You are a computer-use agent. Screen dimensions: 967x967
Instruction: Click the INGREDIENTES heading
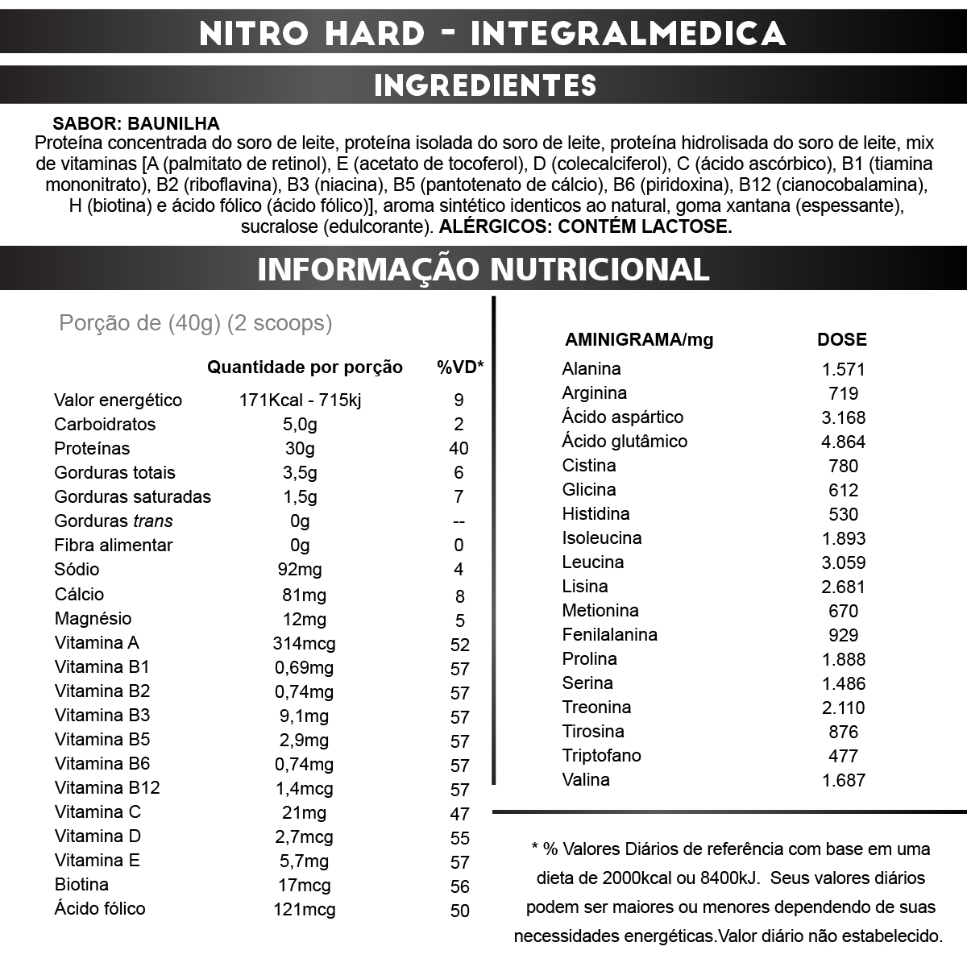[x=485, y=85]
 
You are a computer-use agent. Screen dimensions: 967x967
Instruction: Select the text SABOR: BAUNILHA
[x=136, y=124]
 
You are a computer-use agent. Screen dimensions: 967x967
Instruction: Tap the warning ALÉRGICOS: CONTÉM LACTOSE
[x=585, y=226]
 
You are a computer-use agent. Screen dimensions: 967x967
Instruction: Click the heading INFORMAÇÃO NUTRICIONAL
[x=483, y=269]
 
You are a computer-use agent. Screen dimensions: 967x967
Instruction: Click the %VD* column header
[x=460, y=367]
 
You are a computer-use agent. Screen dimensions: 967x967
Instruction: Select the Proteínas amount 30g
[x=300, y=449]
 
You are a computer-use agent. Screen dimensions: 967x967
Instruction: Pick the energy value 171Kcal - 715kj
[x=300, y=400]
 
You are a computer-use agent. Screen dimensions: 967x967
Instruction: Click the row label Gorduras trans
[x=114, y=521]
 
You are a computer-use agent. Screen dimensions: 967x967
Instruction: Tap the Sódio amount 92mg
[x=300, y=570]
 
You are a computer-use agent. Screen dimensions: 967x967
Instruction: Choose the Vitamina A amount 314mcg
[x=304, y=644]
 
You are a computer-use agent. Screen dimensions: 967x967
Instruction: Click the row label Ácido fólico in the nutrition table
[x=100, y=909]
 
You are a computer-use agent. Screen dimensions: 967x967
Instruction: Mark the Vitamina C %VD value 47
[x=459, y=813]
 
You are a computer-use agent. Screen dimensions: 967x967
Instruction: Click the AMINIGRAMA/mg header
[x=639, y=340]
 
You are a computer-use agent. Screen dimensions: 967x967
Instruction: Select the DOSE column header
[x=842, y=340]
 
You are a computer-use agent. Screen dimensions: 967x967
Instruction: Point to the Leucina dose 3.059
[x=843, y=562]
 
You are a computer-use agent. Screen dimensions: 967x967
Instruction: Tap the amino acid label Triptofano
[x=601, y=756]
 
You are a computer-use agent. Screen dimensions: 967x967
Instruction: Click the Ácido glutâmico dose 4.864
[x=843, y=442]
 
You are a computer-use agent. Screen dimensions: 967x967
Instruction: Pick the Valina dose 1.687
[x=843, y=780]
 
